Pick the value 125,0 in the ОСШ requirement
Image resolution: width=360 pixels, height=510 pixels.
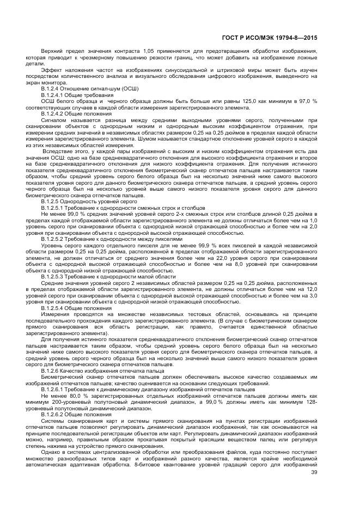click(237, 101)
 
